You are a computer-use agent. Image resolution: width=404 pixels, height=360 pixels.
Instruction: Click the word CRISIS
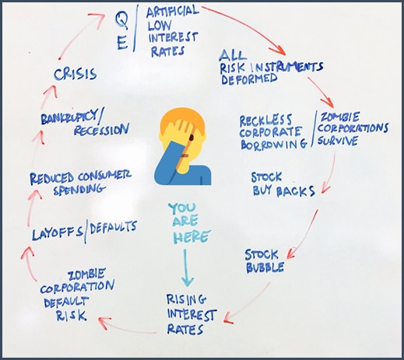pyautogui.click(x=76, y=74)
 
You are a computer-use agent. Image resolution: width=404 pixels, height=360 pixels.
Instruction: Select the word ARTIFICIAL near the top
pyautogui.click(x=173, y=12)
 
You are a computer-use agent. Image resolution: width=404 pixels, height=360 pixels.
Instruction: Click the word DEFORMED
pyautogui.click(x=249, y=79)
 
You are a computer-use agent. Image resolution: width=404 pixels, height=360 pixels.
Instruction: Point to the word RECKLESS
pyautogui.click(x=265, y=120)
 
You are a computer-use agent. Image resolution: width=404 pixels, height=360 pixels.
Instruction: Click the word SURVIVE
pyautogui.click(x=338, y=141)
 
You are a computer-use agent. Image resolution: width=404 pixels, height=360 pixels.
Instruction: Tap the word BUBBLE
pyautogui.click(x=265, y=267)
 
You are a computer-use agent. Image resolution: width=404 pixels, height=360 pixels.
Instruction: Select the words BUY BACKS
pyautogui.click(x=283, y=191)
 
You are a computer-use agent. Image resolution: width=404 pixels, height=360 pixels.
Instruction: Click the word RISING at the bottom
pyautogui.click(x=186, y=299)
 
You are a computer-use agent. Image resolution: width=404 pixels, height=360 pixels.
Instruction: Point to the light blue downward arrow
pyautogui.click(x=187, y=267)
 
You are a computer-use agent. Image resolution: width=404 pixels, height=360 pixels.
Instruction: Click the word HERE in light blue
pyautogui.click(x=191, y=237)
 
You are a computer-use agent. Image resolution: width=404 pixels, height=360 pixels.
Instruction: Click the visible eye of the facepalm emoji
pyautogui.click(x=191, y=138)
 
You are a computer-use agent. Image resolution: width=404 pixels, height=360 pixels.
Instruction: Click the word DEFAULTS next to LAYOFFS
pyautogui.click(x=113, y=228)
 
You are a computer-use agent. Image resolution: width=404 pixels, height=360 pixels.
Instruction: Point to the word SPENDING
pyautogui.click(x=79, y=190)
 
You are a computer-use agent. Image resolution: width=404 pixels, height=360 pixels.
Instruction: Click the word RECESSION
pyautogui.click(x=101, y=130)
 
